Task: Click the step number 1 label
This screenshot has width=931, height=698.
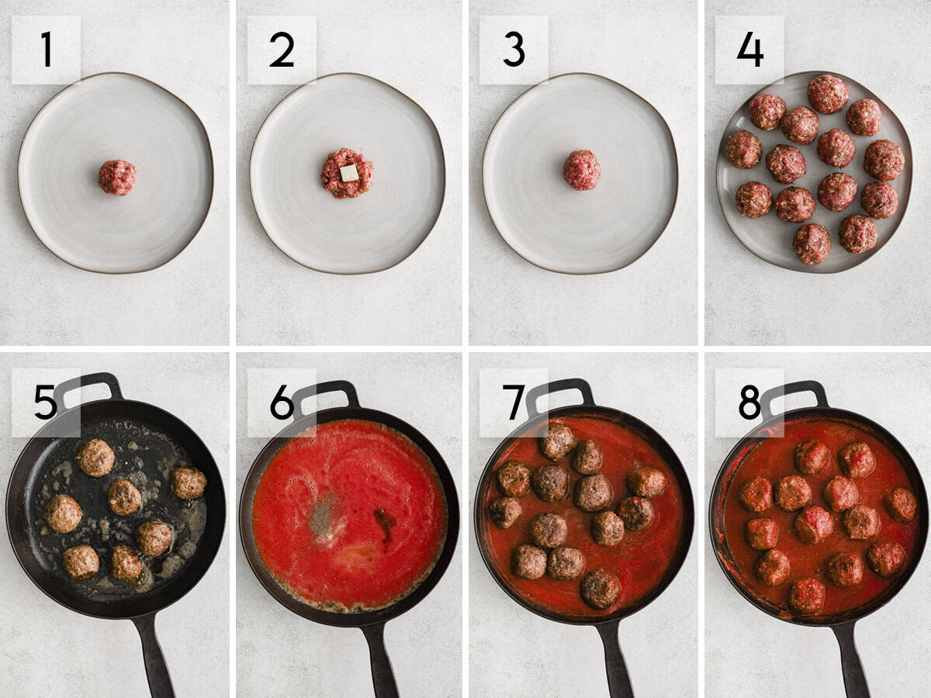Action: (x=46, y=50)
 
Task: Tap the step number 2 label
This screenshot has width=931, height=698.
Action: (x=282, y=50)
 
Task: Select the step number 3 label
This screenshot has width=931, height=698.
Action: (x=513, y=50)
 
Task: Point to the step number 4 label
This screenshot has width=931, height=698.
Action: (x=749, y=50)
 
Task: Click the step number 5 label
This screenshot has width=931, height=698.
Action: (x=46, y=403)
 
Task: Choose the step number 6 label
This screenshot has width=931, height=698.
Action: (x=282, y=403)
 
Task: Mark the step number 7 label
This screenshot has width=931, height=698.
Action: (x=513, y=403)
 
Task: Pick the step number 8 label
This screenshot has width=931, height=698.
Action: (x=749, y=403)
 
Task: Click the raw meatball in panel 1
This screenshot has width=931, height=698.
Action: (x=117, y=178)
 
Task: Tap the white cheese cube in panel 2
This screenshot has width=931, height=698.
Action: (x=349, y=172)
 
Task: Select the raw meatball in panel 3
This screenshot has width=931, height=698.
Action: (x=582, y=170)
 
